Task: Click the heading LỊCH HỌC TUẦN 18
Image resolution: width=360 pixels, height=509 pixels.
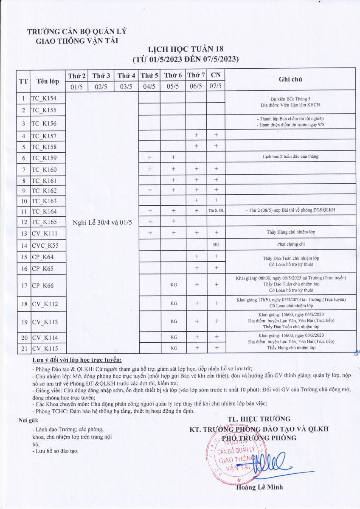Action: point(186,49)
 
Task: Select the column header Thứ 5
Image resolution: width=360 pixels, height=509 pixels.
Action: point(149,76)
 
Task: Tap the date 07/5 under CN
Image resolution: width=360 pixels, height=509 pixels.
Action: point(216,86)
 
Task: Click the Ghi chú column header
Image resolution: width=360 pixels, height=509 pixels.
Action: point(290,79)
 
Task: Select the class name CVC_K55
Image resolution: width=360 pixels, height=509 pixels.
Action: point(45,245)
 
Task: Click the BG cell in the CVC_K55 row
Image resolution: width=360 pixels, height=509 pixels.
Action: point(216,245)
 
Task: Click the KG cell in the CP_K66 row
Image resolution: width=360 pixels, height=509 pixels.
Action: point(173,285)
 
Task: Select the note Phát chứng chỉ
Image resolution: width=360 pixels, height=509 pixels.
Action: point(290,245)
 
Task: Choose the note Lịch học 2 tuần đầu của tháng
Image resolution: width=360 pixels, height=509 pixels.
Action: point(290,157)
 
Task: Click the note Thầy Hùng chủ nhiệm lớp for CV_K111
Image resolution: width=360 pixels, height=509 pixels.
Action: point(290,232)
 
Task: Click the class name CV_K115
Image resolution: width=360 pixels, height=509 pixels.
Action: point(45,348)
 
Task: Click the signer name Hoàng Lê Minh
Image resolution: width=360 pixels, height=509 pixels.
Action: point(259,487)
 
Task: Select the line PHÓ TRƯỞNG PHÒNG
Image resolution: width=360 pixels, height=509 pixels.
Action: point(259,438)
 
